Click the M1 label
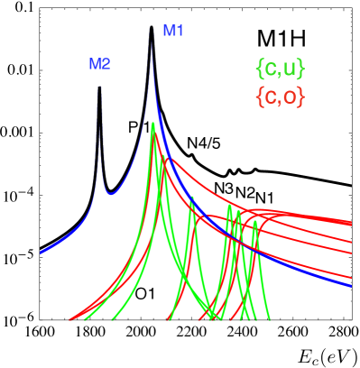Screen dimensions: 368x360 172,31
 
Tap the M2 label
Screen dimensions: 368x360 99,64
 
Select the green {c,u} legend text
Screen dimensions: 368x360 280,69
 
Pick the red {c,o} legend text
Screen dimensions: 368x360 280,97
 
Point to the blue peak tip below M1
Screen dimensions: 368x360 151,41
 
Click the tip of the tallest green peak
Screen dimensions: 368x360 153,124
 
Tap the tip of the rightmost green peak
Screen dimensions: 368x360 255,221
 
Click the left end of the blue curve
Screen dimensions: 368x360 41,253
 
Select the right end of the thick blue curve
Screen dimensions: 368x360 350,285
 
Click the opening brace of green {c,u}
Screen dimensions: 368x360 260,69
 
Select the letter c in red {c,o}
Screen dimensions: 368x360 269,97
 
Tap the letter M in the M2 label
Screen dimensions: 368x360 94,64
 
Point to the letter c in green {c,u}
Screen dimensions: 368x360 269,69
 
